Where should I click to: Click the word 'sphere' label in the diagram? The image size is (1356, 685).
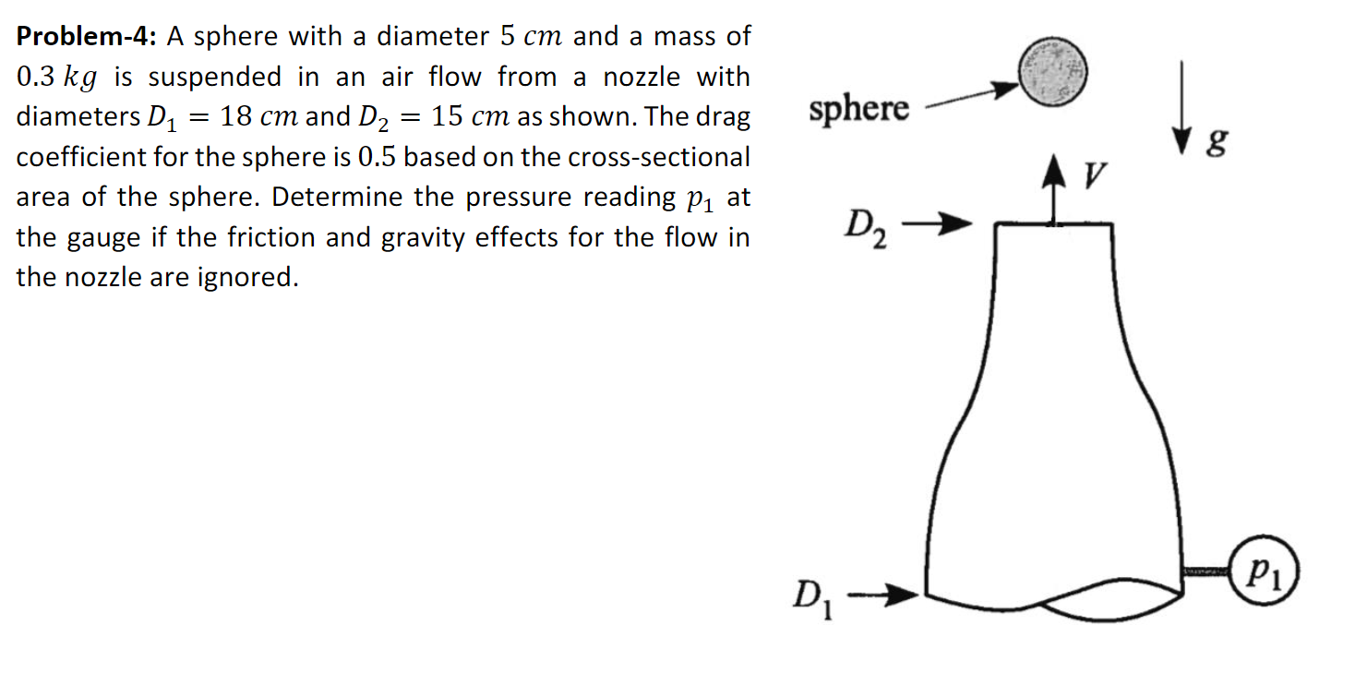pyautogui.click(x=858, y=109)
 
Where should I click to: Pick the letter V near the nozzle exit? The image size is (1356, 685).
pyautogui.click(x=1097, y=173)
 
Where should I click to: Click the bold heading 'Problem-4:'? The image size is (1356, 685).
pyautogui.click(x=88, y=37)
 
